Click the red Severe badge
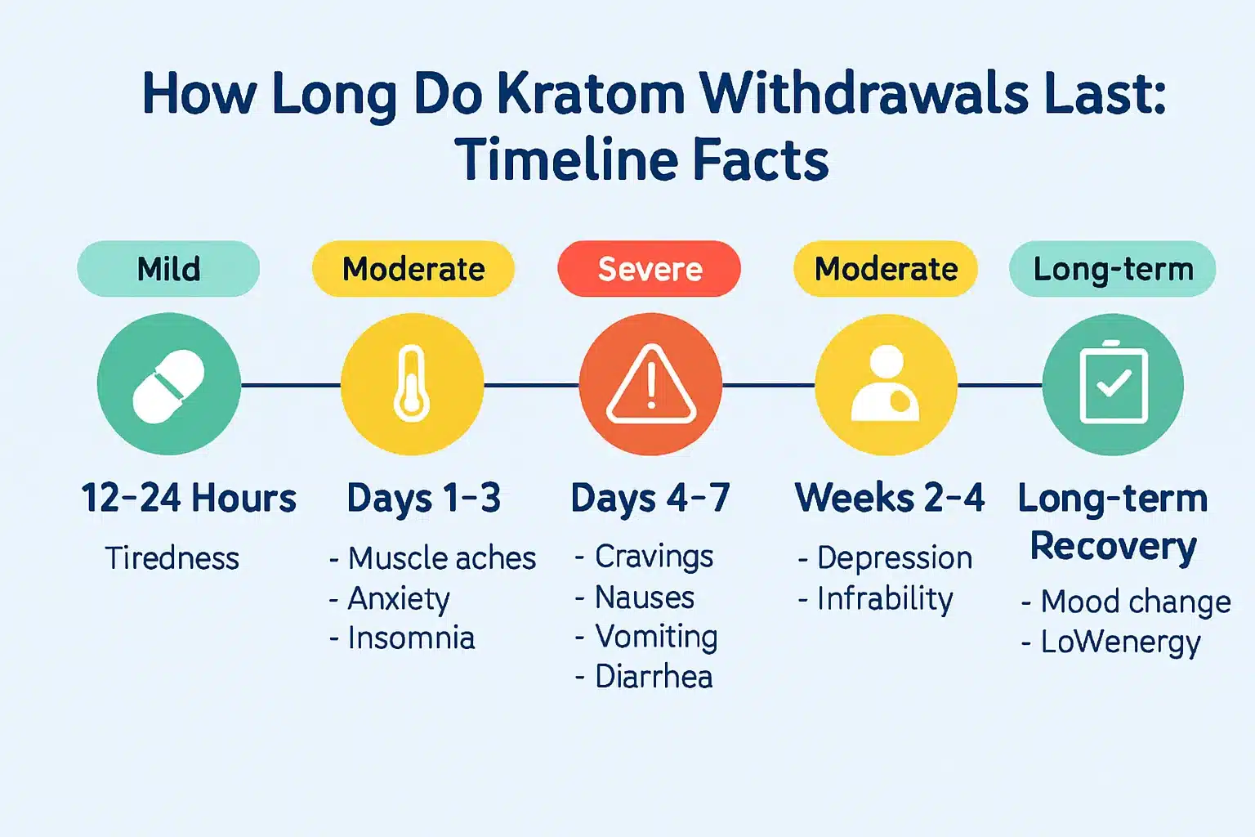pos(650,269)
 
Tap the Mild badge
pos(168,269)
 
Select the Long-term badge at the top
pos(1113,269)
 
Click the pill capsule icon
pos(169,386)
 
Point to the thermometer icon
pos(412,384)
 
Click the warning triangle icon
pos(650,385)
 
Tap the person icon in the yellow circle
pos(886,384)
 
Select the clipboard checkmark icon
pos(1113,384)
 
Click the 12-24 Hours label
pos(189,498)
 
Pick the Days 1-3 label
pos(423,498)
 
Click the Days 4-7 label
pos(650,498)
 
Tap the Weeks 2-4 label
pos(890,498)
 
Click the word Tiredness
pos(172,558)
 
